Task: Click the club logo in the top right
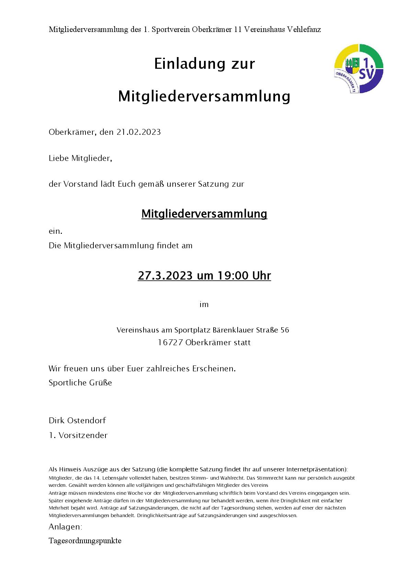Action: click(x=359, y=68)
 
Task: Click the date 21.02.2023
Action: click(x=139, y=132)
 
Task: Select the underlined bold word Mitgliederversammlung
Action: click(x=204, y=214)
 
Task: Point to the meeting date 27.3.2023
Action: click(x=165, y=276)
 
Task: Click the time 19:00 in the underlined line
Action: click(x=233, y=276)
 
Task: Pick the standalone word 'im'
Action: click(x=204, y=305)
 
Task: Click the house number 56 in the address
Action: click(x=285, y=330)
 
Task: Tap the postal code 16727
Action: click(x=170, y=343)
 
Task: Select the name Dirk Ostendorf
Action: click(x=77, y=420)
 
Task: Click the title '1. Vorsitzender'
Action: click(x=78, y=435)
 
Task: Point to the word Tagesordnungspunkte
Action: click(x=85, y=540)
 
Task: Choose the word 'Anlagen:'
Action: click(x=65, y=527)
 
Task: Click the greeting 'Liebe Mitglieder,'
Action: click(x=80, y=159)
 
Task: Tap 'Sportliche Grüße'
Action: click(x=80, y=383)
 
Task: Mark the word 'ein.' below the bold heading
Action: click(x=55, y=231)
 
